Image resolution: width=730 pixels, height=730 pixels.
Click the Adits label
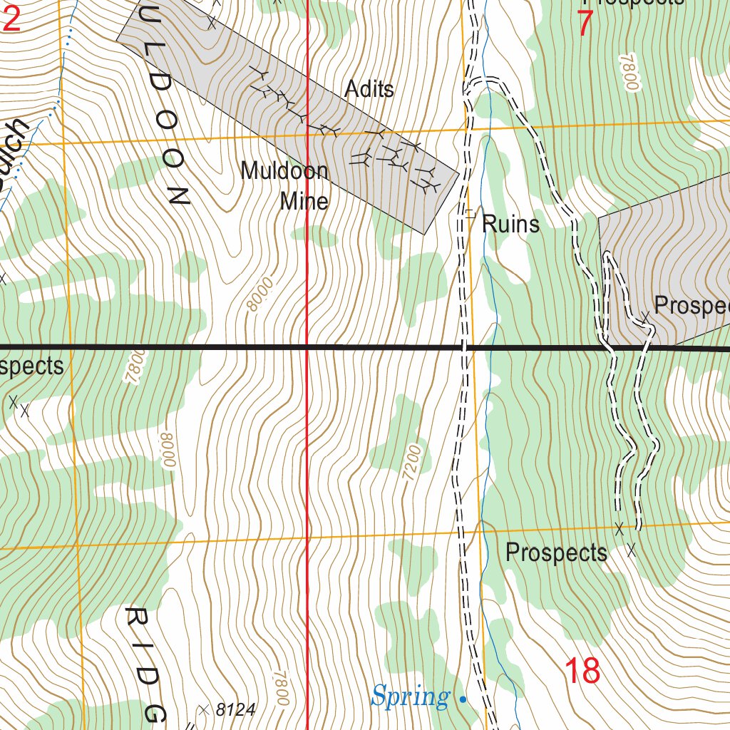(369, 89)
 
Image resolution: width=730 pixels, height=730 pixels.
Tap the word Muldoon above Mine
(284, 171)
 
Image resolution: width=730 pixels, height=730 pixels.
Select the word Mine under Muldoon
(304, 202)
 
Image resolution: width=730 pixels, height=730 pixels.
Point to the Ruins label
(510, 225)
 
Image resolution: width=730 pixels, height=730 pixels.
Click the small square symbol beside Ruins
(469, 212)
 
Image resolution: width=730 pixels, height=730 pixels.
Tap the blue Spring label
(411, 696)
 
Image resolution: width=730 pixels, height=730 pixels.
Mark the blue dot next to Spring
(463, 699)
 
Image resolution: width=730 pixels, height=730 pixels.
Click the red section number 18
(582, 671)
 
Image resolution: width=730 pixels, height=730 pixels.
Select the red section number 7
(585, 24)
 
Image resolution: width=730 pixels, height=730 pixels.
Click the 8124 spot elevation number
(235, 710)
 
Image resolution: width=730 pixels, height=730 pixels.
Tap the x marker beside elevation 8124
(204, 709)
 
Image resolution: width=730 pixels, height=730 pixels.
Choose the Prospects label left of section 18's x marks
(556, 552)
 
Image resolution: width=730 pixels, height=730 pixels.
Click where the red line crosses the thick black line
(307, 347)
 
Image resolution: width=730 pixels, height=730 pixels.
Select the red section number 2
(11, 20)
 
